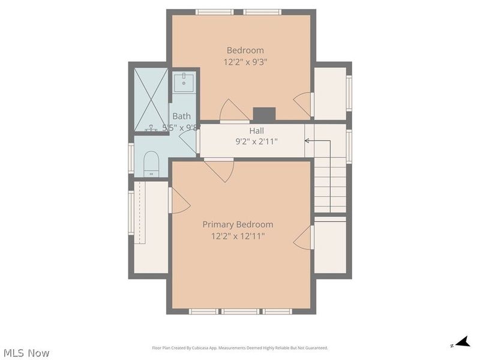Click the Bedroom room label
click(245, 50)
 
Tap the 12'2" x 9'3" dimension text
click(245, 62)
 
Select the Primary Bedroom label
click(238, 224)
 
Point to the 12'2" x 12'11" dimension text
click(238, 236)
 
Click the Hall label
click(257, 130)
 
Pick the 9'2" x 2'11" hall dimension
click(257, 142)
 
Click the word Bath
click(182, 116)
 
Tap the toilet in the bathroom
click(150, 163)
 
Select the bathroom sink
click(183, 82)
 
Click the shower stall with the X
click(151, 99)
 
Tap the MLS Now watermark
click(26, 353)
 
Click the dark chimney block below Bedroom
click(264, 114)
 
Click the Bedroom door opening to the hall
click(234, 112)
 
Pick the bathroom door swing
click(189, 139)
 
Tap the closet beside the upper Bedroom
click(329, 94)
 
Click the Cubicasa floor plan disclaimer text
click(240, 348)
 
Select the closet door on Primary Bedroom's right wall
click(304, 238)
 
